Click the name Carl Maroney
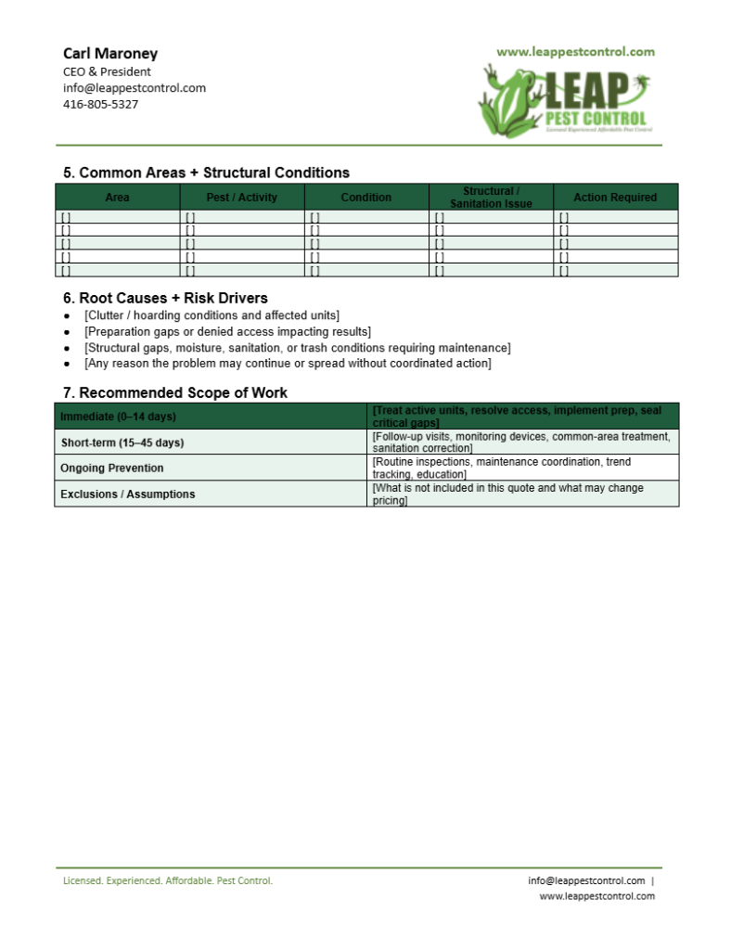pos(110,54)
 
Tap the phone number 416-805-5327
pos(100,104)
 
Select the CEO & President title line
pos(107,71)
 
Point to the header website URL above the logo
pos(575,52)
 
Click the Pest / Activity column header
pos(241,198)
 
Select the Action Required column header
pos(615,198)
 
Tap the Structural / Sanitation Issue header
pos(491,198)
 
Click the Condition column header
pos(365,198)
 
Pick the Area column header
pos(118,198)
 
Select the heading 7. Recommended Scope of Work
pos(175,392)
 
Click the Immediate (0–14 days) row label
pos(118,417)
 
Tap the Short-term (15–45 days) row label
pos(122,443)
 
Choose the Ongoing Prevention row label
pos(111,469)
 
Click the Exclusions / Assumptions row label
pos(127,494)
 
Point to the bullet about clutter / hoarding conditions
pos(212,315)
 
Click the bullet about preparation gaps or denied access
pos(227,331)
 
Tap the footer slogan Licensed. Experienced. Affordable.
pos(167,880)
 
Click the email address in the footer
pos(586,880)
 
